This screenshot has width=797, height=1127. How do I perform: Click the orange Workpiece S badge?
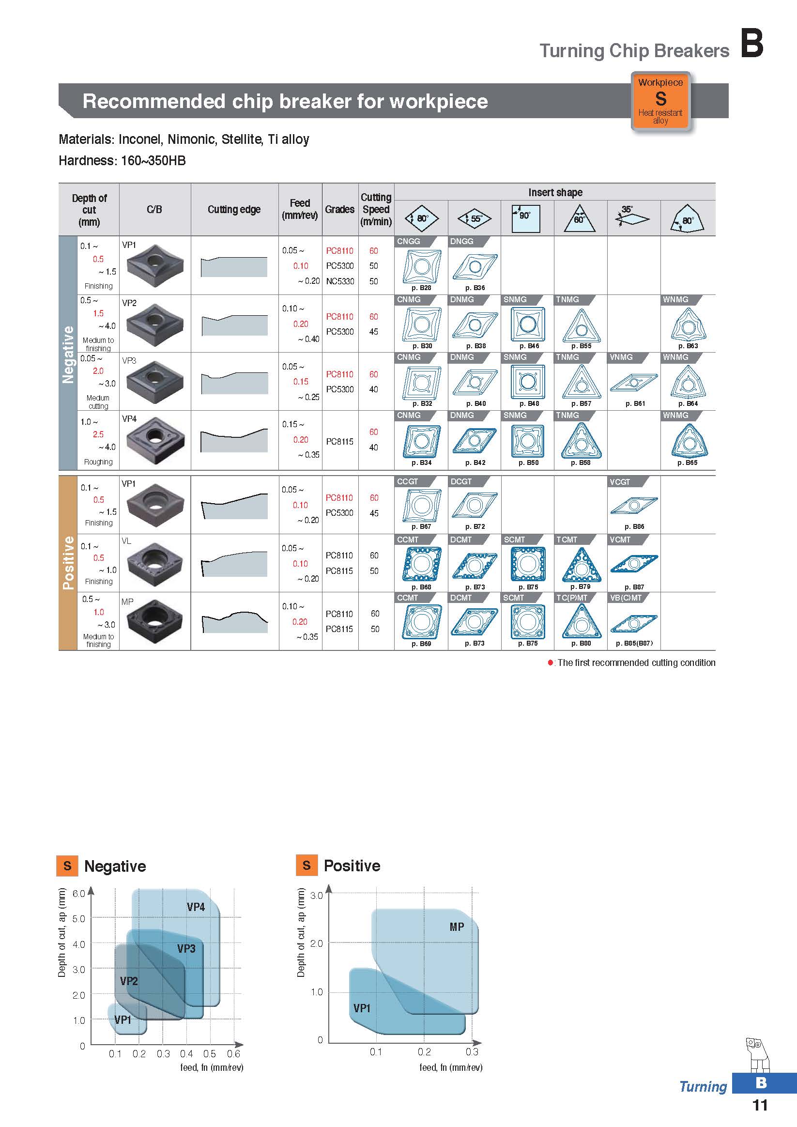tap(660, 102)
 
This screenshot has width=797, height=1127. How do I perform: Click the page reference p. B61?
tap(635, 404)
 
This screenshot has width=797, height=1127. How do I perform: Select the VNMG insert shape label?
tap(621, 357)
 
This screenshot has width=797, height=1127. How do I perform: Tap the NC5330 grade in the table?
tap(340, 281)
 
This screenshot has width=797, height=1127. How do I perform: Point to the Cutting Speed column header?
tap(376, 210)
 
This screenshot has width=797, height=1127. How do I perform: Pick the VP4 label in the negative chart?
tap(196, 907)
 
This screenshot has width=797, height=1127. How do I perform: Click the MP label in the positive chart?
tap(457, 926)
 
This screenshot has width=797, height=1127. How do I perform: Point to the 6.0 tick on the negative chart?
tap(78, 894)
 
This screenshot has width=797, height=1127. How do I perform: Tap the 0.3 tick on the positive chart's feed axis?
tap(472, 1052)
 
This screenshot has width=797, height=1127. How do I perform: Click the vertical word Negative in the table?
tap(68, 355)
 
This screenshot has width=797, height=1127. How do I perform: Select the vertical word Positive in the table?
tap(68, 562)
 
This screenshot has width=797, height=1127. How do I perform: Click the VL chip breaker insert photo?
tap(154, 564)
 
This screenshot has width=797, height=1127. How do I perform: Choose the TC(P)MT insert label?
tap(572, 598)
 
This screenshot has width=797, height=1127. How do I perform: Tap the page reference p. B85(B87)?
tap(634, 644)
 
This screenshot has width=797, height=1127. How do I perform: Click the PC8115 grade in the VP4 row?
tap(339, 441)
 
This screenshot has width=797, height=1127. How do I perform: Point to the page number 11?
tap(760, 1105)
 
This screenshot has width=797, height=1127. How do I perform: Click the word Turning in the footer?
tap(703, 1087)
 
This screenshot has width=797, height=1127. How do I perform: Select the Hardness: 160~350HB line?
tap(122, 161)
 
